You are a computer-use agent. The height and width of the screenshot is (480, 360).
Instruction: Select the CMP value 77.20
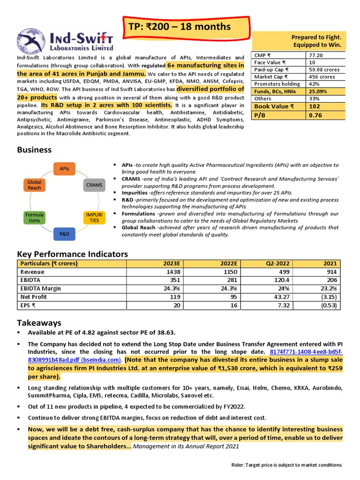pos(315,55)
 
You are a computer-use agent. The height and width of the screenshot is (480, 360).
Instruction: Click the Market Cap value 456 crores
pos(321,76)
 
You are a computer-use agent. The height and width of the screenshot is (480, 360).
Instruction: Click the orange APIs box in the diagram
pos(64,168)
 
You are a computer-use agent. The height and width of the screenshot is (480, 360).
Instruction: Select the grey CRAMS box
pos(94,185)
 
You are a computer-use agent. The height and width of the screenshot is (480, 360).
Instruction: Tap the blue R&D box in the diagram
pos(64,233)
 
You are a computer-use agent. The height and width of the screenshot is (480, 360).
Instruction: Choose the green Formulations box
pos(34,217)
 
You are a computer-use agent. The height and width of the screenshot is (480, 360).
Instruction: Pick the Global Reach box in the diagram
pos(34,185)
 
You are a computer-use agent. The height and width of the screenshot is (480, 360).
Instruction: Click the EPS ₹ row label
pos(28,306)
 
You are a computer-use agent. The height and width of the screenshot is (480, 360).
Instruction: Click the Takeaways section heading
pos(39,323)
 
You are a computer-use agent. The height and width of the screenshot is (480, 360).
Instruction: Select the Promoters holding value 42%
pos(313,84)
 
